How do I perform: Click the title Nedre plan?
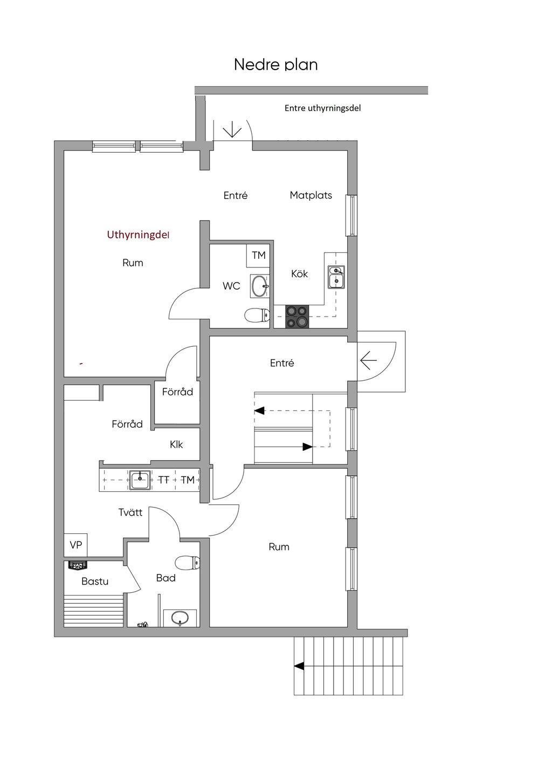coord(275,65)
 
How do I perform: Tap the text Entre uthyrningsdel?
coord(322,108)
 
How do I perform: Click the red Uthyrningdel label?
coord(137,235)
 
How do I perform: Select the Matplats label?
coord(311,195)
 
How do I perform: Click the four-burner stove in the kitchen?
coord(297,317)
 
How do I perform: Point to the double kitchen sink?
coord(336,277)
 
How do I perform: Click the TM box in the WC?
coord(258,256)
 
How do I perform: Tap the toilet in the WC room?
coord(257,316)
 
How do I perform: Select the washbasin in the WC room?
coord(260,286)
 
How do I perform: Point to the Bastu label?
coord(95,581)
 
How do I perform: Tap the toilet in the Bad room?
coord(187,563)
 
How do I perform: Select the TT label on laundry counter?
coord(164,480)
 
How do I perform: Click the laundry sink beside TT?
coord(140,480)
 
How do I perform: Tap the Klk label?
coord(176,444)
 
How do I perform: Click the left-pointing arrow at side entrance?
coord(368,360)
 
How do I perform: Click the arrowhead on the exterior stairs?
coord(299,666)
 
